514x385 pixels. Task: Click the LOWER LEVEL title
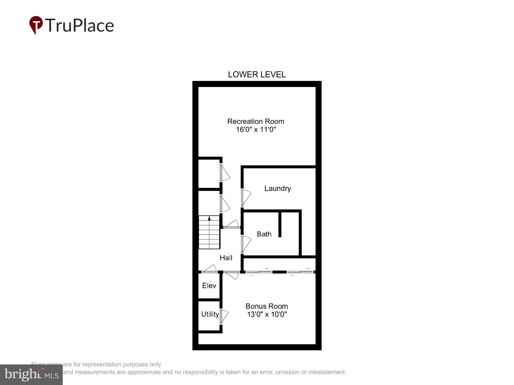coord(256,74)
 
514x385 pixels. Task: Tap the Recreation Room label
coord(255,121)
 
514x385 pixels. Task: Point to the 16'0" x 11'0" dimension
coord(256,130)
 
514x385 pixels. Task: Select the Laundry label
coord(277,188)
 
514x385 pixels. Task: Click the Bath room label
coord(264,234)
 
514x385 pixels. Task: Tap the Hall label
coord(226,258)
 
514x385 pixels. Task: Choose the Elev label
coord(209,285)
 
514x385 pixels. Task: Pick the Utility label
coord(210,314)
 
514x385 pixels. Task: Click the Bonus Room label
coord(267,306)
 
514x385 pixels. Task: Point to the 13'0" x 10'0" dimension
coord(267,314)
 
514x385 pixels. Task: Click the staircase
coord(209,232)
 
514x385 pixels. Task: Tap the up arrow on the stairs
coord(209,218)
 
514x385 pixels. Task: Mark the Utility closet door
coord(224,317)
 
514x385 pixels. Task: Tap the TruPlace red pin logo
coord(36,25)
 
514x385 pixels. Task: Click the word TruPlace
coord(80,26)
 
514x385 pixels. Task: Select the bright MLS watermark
coord(31,375)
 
